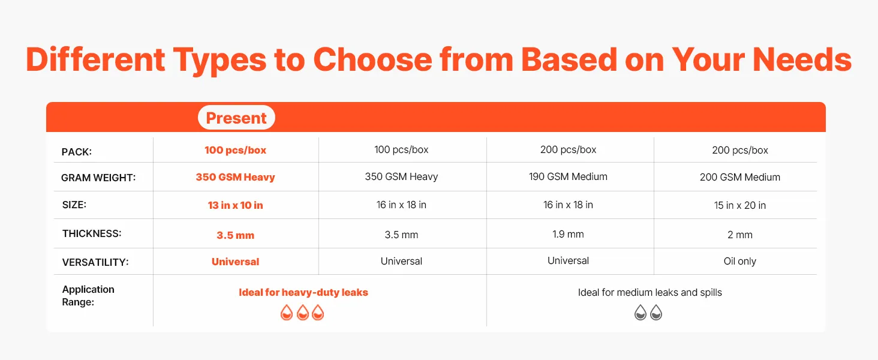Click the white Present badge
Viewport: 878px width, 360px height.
pos(236,117)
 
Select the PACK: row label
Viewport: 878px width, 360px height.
pos(76,152)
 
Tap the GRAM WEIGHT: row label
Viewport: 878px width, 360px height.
pos(98,178)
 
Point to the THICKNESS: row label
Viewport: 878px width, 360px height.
pos(92,233)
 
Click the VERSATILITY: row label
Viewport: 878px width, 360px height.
pos(95,262)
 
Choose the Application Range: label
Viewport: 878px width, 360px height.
pos(88,296)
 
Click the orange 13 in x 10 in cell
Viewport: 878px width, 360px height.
pos(235,205)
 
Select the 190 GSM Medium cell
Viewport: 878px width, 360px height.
pos(568,176)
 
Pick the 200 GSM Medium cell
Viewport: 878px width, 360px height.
pos(740,177)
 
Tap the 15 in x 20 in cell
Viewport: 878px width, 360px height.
pos(739,205)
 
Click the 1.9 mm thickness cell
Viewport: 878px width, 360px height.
pos(568,234)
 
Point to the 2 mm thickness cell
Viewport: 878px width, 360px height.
pos(740,235)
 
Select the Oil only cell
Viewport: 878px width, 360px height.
pos(739,261)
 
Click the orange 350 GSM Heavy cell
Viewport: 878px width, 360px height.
pos(235,177)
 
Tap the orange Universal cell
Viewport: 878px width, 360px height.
pos(235,262)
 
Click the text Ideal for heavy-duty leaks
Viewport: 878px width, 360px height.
pos(303,292)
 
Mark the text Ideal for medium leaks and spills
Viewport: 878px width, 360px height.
pos(650,292)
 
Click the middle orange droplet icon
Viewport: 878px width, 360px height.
pos(303,313)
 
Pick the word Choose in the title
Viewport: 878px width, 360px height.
pos(372,59)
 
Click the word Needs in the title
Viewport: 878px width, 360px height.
pos(802,59)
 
